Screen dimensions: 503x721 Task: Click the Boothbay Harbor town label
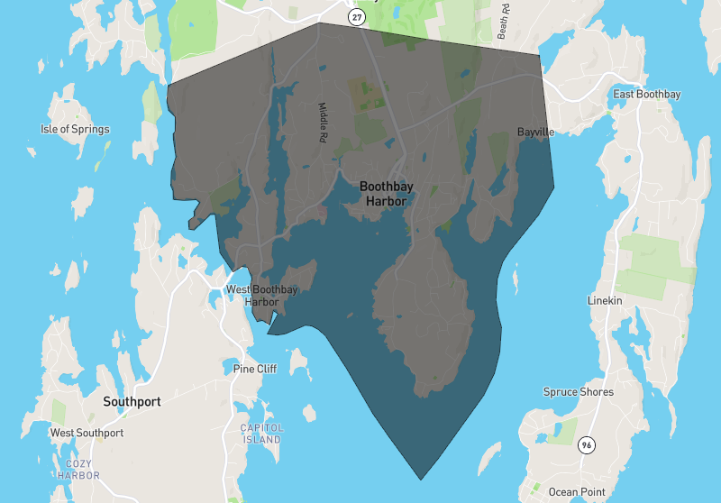pyautogui.click(x=386, y=194)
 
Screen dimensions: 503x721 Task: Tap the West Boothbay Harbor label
pyautogui.click(x=262, y=296)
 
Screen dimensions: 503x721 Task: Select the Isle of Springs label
pyautogui.click(x=75, y=129)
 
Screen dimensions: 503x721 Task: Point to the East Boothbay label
pyautogui.click(x=646, y=95)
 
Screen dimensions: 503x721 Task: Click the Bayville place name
pyautogui.click(x=535, y=132)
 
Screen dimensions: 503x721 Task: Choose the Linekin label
pyautogui.click(x=605, y=300)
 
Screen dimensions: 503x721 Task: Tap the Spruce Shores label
pyautogui.click(x=578, y=392)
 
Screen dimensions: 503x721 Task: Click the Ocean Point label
pyautogui.click(x=576, y=491)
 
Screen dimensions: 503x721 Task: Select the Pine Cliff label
pyautogui.click(x=255, y=369)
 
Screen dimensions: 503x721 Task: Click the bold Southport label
pyautogui.click(x=132, y=401)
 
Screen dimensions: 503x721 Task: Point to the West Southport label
pyautogui.click(x=87, y=433)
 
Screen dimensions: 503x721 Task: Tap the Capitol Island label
pyautogui.click(x=261, y=434)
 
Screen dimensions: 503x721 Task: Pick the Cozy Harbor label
pyautogui.click(x=78, y=469)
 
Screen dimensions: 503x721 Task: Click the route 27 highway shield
pyautogui.click(x=357, y=16)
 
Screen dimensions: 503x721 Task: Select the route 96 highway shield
pyautogui.click(x=587, y=445)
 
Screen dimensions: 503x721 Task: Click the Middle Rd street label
pyautogui.click(x=322, y=123)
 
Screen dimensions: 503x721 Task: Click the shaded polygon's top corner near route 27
pyautogui.click(x=317, y=23)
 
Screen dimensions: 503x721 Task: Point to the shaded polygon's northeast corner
pyautogui.click(x=540, y=55)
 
